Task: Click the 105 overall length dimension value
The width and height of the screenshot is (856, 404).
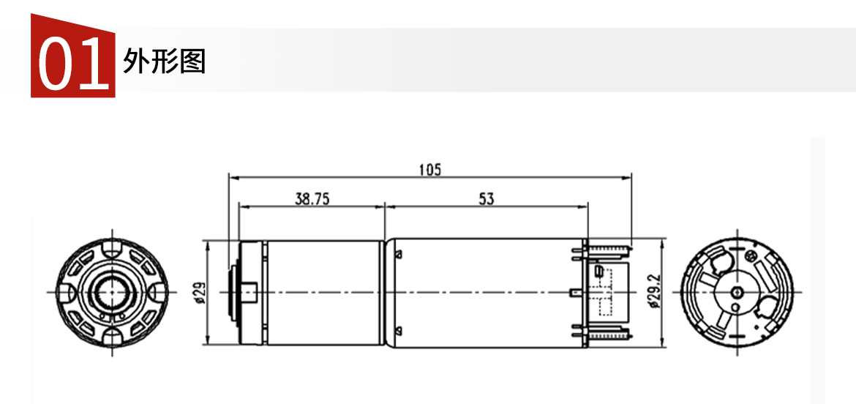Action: click(429, 169)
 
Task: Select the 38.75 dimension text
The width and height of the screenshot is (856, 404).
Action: click(312, 199)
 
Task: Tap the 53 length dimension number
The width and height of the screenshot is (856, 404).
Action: click(486, 199)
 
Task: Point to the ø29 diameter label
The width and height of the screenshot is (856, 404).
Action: click(199, 292)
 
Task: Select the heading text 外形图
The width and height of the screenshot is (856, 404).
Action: click(165, 61)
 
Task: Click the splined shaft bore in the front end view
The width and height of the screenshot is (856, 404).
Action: click(113, 292)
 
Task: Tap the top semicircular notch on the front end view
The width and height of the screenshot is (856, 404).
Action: click(113, 247)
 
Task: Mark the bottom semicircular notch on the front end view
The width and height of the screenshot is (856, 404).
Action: click(113, 337)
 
